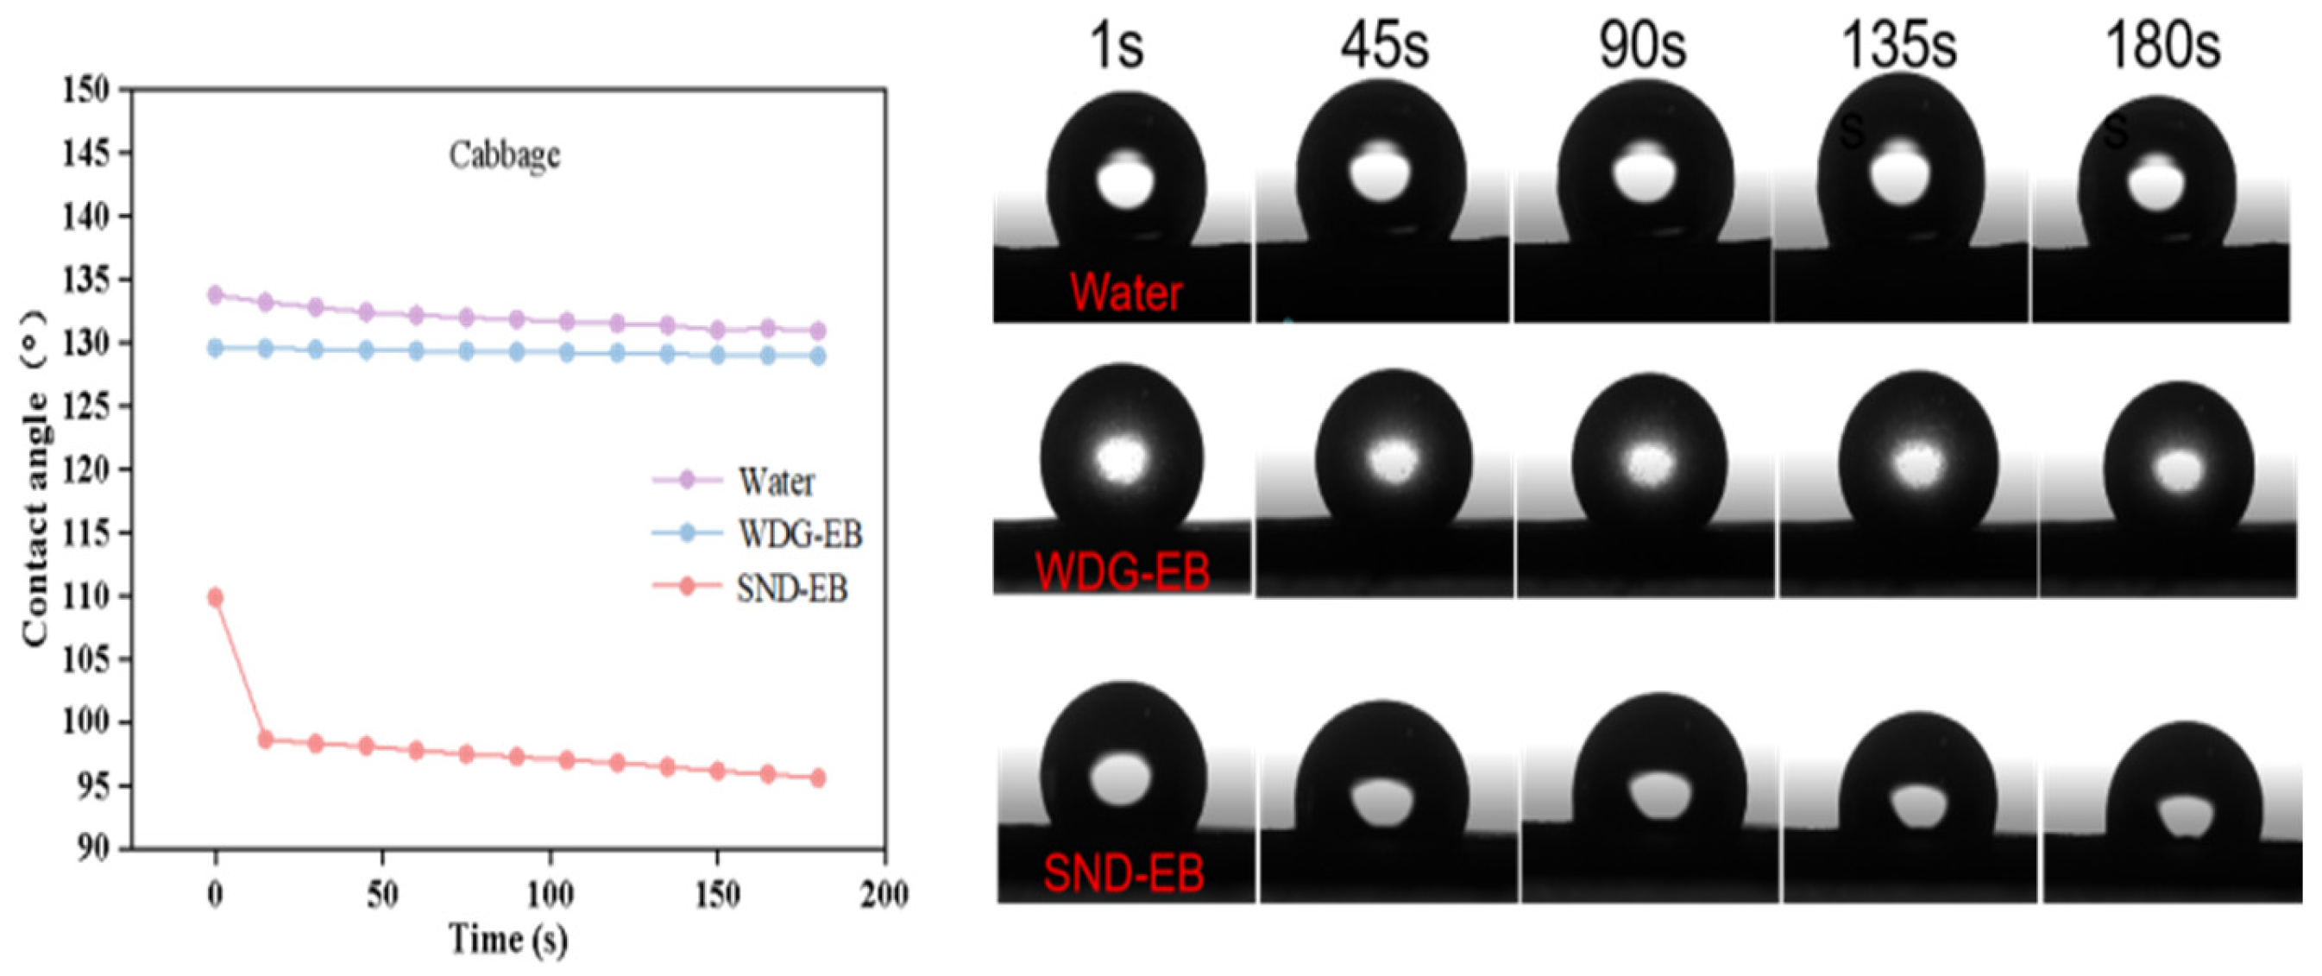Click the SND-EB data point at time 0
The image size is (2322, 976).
tap(215, 597)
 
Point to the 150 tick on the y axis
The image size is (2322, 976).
tap(86, 89)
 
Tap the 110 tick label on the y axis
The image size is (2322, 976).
tap(86, 596)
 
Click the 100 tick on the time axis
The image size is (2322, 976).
tap(549, 896)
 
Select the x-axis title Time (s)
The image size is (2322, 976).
tap(509, 940)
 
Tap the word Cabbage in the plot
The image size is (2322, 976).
tap(504, 155)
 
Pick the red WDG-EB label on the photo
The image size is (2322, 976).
tap(1122, 571)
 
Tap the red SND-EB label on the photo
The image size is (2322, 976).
tap(1123, 873)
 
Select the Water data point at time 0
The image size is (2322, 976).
tap(215, 294)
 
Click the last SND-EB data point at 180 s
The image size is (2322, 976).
tap(817, 778)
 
